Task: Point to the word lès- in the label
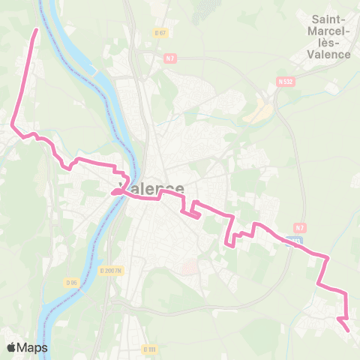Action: [x=330, y=42]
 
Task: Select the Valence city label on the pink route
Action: [x=151, y=189]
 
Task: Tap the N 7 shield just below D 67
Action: [x=169, y=58]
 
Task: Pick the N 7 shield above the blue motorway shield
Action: [x=300, y=228]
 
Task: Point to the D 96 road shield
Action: [x=71, y=283]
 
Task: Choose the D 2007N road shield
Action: [x=110, y=271]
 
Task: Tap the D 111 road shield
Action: [x=149, y=349]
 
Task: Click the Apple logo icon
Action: [x=12, y=347]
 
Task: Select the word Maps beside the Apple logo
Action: [x=34, y=347]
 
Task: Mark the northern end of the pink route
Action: [x=36, y=30]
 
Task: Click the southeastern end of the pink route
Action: [x=347, y=330]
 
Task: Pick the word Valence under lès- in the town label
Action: [x=330, y=55]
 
